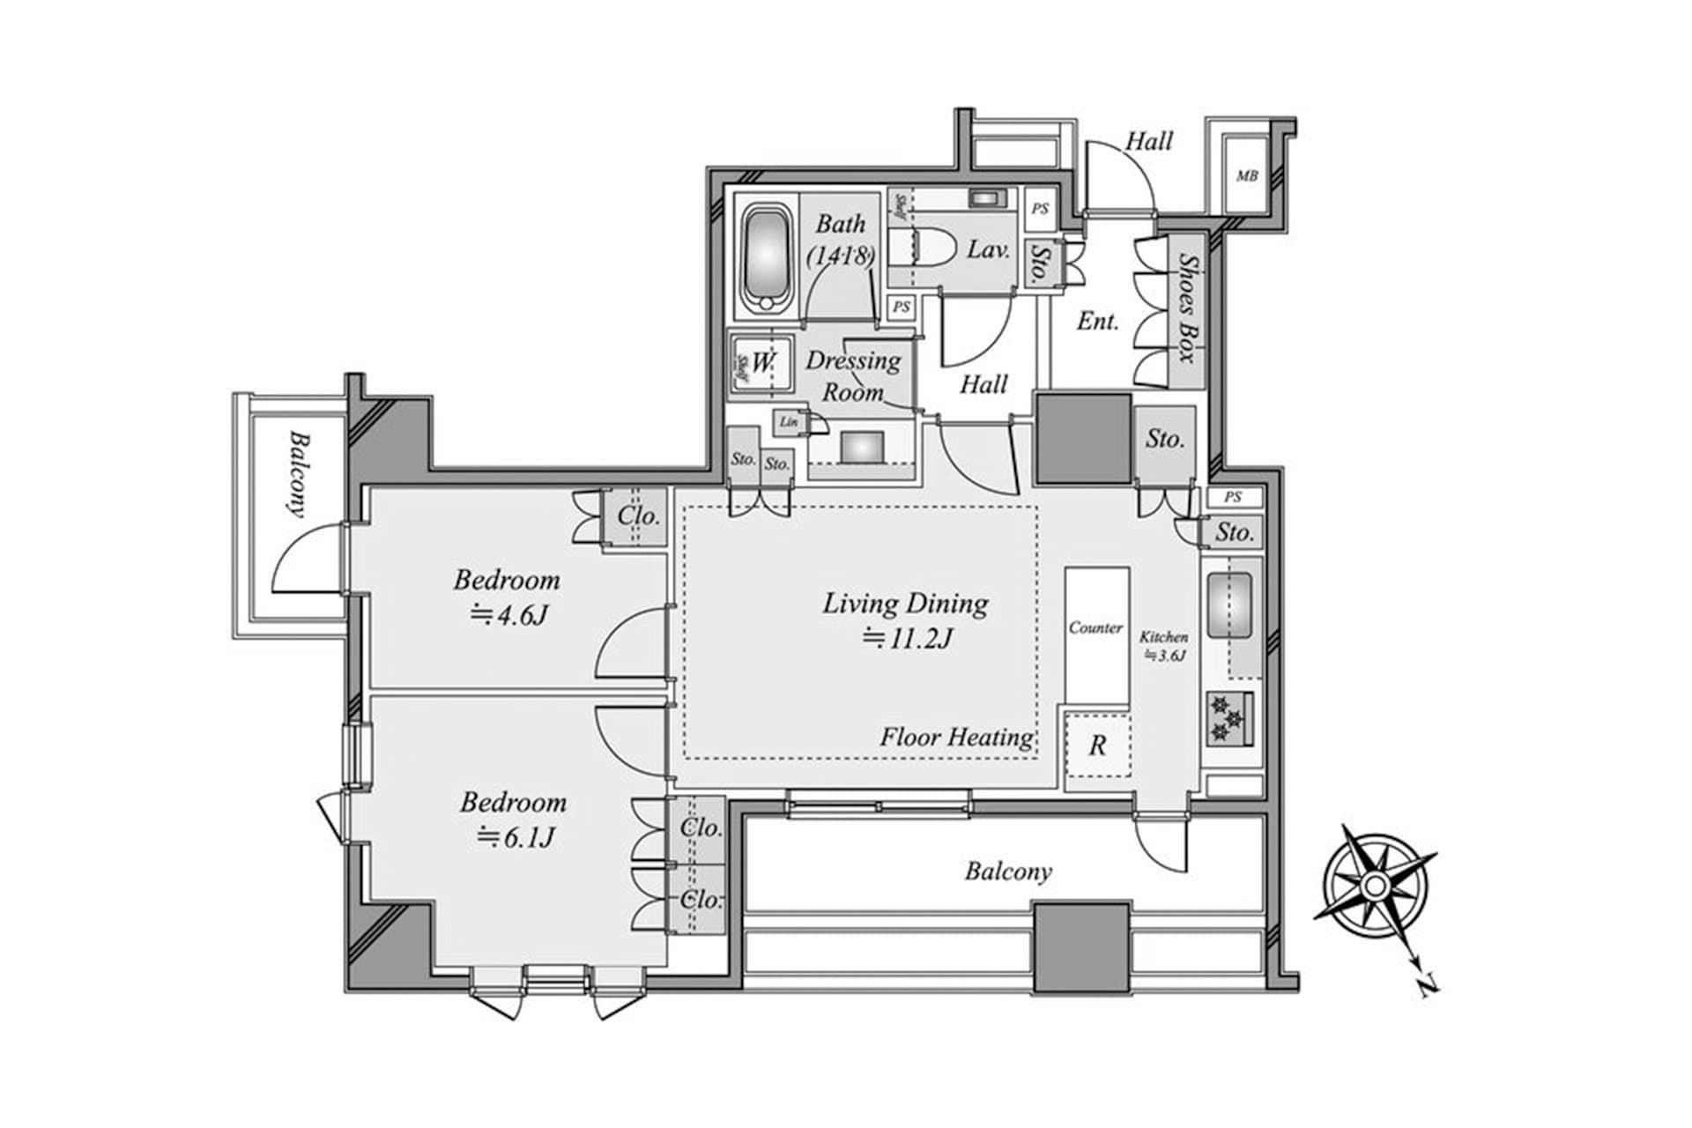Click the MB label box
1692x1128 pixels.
coord(1246,176)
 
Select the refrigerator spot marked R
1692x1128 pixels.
coord(1097,746)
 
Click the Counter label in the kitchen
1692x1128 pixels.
coord(1095,627)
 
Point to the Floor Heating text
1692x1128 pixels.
coord(956,737)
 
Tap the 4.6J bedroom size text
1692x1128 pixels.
coord(510,614)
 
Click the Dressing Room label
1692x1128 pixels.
coord(853,375)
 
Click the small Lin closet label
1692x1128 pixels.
coord(788,422)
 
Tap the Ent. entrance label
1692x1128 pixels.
coord(1097,322)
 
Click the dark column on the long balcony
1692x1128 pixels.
coord(1081,946)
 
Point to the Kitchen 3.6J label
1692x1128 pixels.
coord(1164,645)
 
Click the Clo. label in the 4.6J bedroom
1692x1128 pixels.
coord(638,516)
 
